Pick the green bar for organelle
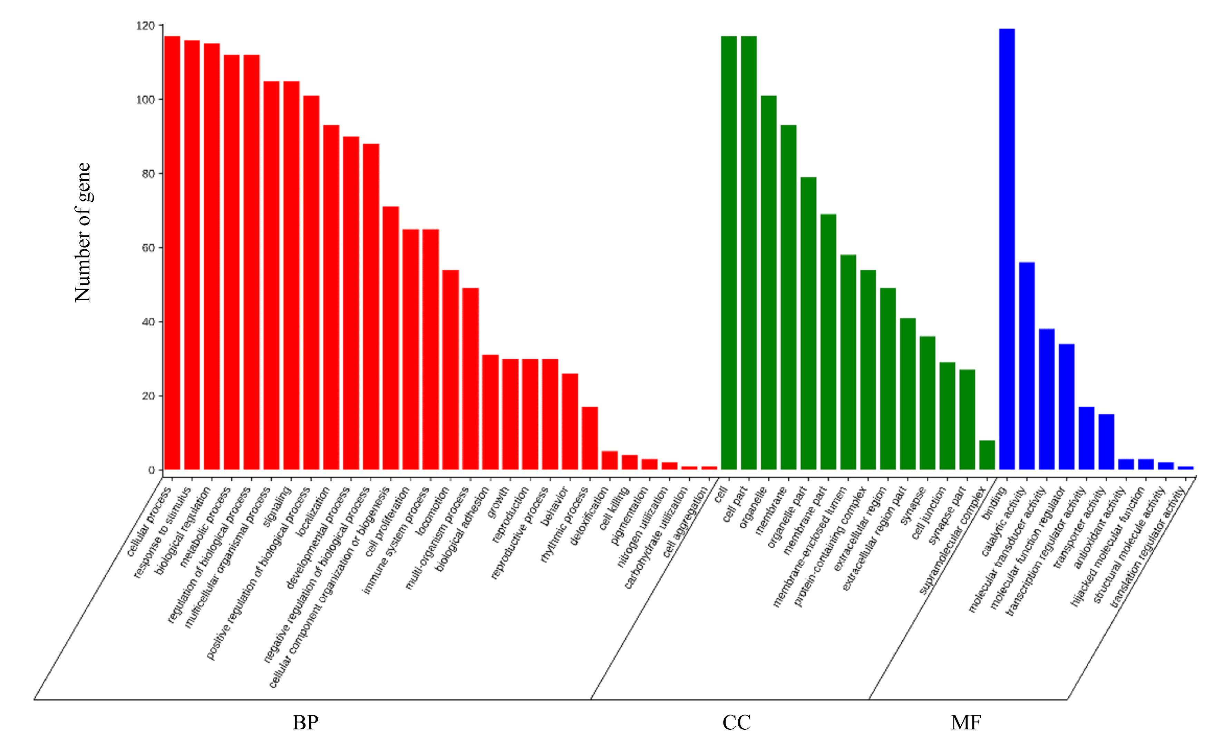tap(768, 283)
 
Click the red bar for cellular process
tap(172, 253)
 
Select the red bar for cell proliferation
tap(410, 349)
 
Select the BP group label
tap(305, 723)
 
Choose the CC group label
tap(737, 723)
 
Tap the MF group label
tap(965, 723)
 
